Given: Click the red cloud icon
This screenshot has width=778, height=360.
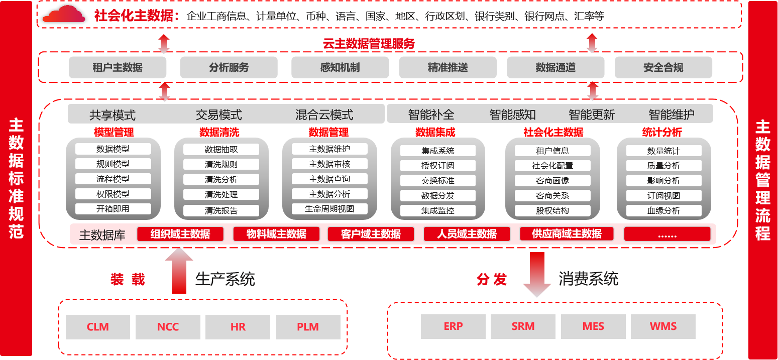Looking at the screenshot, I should pos(64,15).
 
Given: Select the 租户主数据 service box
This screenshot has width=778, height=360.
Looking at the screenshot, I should pos(118,67).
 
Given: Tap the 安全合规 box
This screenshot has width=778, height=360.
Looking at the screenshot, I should pos(663,67).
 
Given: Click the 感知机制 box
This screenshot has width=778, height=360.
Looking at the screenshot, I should pos(340,67).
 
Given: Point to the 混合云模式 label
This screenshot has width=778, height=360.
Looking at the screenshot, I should pos(324,115).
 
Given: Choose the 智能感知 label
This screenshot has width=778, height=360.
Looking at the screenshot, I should pos(512,115).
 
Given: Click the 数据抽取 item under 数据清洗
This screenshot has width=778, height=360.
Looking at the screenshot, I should pos(221,149).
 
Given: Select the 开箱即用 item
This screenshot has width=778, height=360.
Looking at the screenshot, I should pos(113,209).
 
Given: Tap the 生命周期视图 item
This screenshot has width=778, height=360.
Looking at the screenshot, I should pos(329,209).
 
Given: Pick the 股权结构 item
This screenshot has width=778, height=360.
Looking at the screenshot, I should pos(552,211).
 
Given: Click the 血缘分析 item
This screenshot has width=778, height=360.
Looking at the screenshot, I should pos(663,211).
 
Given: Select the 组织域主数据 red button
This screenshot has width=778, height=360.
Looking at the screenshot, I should pos(180,234).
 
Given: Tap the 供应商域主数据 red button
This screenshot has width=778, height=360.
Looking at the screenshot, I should pos(567,234).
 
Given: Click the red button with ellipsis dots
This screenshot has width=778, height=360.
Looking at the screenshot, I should pos(667,234).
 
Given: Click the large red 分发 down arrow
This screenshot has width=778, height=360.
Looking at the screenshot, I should pos(537,274).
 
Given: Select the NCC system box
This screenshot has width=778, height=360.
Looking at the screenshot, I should pos(168,327).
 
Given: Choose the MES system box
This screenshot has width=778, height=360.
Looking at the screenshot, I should pos(593,326).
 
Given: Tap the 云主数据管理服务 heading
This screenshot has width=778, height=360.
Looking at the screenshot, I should pos(369,44).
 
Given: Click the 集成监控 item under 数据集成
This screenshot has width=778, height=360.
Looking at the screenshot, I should pos(437,211).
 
